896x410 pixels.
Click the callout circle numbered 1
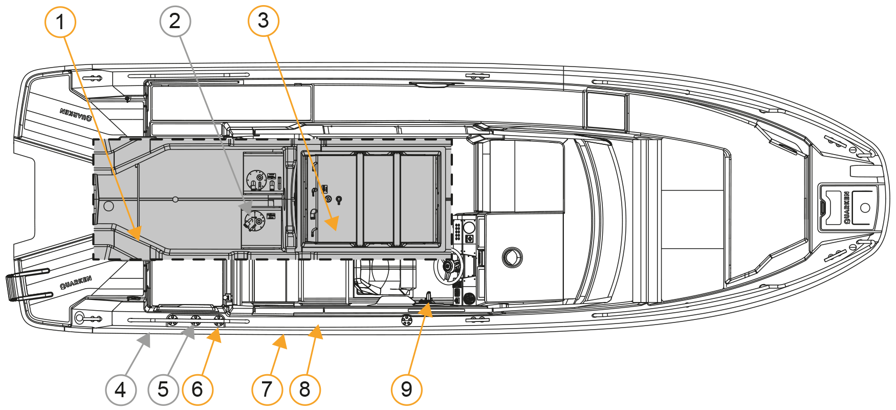point(60,22)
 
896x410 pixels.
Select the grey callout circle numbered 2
point(175,21)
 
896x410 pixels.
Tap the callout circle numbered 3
point(264,20)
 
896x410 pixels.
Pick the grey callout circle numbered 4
point(121,390)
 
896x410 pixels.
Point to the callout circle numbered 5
point(163,390)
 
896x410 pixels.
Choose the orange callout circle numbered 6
point(198,390)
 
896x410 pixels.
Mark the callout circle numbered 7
point(267,390)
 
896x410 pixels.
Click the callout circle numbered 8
point(305,390)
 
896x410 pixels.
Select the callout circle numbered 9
point(407,390)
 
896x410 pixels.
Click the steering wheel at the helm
point(449,267)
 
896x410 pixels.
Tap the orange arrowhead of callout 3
point(331,223)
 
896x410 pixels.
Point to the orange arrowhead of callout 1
point(135,233)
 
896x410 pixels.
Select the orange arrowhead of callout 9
point(425,310)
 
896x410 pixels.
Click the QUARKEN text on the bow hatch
point(847,208)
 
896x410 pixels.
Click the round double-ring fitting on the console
point(512,257)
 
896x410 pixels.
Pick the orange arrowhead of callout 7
point(280,341)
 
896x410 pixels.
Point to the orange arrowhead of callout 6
point(214,336)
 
